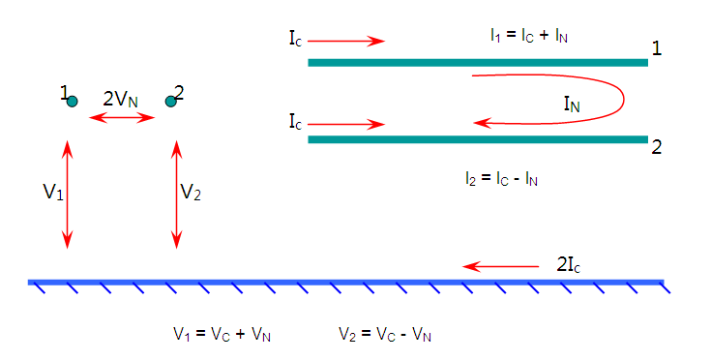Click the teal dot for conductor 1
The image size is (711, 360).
(x=73, y=102)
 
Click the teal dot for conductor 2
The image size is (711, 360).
(x=170, y=102)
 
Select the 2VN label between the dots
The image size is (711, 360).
(x=120, y=99)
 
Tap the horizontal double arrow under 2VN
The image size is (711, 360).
(x=122, y=118)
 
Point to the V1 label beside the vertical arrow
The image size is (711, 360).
(x=53, y=193)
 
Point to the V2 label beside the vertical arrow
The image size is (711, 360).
(x=191, y=193)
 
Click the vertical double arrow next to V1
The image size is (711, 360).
(x=68, y=195)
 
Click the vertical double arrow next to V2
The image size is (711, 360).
(x=176, y=195)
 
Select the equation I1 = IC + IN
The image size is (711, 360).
(x=529, y=36)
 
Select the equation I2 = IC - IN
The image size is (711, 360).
(x=501, y=179)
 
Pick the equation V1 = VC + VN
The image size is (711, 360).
(x=222, y=335)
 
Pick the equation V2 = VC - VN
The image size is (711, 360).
(x=385, y=335)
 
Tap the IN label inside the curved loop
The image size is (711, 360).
(x=572, y=105)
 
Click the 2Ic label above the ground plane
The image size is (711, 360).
(x=569, y=265)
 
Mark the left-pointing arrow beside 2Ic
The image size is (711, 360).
(x=501, y=266)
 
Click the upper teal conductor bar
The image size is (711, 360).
(x=478, y=63)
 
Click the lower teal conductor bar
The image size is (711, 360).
(x=478, y=139)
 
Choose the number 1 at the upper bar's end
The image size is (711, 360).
(x=656, y=48)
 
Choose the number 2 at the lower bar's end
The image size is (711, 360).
(x=656, y=147)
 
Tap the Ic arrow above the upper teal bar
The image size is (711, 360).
(x=346, y=42)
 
